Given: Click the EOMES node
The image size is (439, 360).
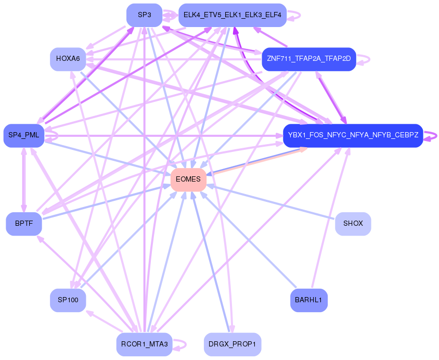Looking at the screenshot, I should click(188, 179).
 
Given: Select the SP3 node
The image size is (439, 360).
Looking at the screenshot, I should click(144, 15).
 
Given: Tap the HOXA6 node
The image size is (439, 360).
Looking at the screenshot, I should click(68, 59).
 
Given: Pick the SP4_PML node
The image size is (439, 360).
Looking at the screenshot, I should click(24, 136).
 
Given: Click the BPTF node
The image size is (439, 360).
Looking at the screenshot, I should click(24, 224).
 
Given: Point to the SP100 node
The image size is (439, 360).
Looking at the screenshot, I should click(68, 300).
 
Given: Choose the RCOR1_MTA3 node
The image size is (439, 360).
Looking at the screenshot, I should click(144, 344).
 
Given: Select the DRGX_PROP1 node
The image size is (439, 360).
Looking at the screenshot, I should click(232, 344).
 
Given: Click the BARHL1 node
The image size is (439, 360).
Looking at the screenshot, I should click(308, 300).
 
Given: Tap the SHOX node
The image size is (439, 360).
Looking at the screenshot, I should click(353, 224).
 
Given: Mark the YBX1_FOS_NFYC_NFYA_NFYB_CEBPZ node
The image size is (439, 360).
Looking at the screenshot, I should click(353, 136).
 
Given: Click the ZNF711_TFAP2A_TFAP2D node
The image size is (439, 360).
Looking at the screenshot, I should click(308, 59).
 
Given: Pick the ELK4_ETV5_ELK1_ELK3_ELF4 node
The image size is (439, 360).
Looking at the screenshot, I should click(232, 15).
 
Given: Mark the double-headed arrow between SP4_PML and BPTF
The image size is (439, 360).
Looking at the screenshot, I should click(23, 179).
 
